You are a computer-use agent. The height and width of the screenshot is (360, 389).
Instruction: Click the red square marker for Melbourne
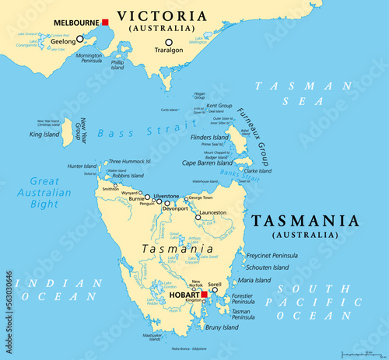tap(105, 23)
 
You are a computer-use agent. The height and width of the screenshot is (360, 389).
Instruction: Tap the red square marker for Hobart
tap(205, 295)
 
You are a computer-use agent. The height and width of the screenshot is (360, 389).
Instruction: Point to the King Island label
tap(44, 135)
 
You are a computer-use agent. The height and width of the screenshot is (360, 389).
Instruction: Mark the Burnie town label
tap(138, 199)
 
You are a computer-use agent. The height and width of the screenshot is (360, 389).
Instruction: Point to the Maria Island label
tap(254, 280)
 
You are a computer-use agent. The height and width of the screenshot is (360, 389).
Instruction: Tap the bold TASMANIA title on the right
tap(306, 221)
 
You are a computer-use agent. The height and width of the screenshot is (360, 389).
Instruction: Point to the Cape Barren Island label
tap(208, 163)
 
